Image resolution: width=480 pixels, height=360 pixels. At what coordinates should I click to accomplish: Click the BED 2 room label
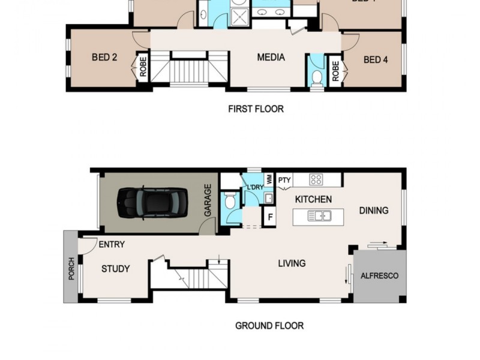(104, 58)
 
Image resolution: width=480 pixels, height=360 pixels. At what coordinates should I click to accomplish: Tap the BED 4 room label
(376, 59)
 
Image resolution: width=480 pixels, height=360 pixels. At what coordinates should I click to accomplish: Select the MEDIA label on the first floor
(271, 58)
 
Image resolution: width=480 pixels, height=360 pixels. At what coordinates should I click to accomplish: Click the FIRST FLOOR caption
(256, 109)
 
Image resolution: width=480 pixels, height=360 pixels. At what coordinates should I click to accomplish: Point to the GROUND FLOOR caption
(269, 326)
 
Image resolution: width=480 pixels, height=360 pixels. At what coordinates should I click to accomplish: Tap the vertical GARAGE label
(208, 200)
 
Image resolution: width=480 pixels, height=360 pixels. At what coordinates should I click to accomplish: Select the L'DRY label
(255, 188)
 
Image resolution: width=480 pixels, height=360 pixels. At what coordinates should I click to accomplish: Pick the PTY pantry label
(284, 179)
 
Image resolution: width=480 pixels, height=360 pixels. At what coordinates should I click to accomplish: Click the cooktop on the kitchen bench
(316, 179)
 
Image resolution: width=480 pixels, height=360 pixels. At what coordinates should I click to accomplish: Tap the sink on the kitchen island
(319, 216)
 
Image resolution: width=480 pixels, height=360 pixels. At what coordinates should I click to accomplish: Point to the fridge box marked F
(271, 217)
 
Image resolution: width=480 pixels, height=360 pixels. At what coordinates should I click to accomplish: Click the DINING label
(374, 211)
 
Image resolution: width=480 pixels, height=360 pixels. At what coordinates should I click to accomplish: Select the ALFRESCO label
(379, 276)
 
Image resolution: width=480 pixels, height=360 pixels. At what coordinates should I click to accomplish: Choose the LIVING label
(292, 263)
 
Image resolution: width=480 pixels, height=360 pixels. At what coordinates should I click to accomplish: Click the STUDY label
(115, 269)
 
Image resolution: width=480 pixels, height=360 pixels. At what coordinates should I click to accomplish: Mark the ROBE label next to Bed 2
(143, 67)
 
